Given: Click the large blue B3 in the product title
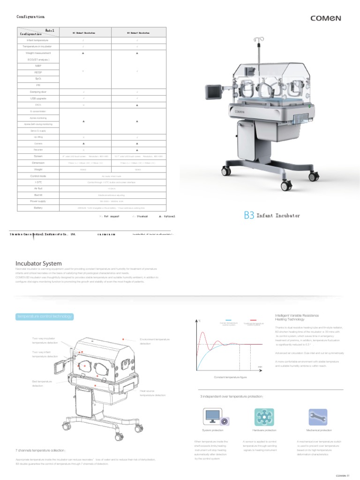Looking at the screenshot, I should (249, 216).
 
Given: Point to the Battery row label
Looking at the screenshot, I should (38, 207).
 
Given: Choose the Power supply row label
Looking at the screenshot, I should (38, 201).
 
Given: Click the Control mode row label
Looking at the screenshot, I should (38, 176).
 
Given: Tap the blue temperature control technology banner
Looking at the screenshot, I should (45, 317).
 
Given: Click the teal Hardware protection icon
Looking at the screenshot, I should (264, 417).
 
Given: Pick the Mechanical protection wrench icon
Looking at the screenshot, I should (319, 417).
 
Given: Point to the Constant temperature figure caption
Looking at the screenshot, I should (230, 377).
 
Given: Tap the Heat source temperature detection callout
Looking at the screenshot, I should (153, 393).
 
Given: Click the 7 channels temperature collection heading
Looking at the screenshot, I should (41, 450).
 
